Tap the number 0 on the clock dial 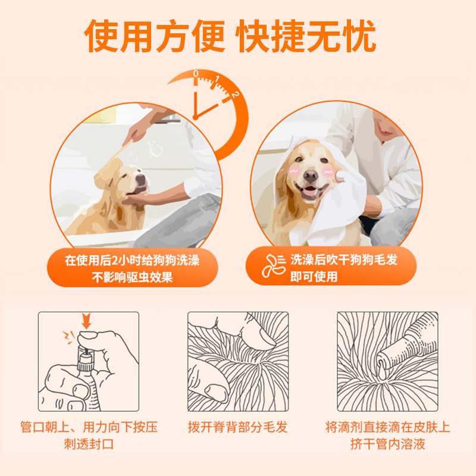(196, 74)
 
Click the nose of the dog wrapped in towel (310, 176)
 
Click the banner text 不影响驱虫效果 (131, 277)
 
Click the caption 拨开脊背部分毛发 (237, 427)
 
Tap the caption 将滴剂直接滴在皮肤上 (387, 427)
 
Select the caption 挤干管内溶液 (387, 444)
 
